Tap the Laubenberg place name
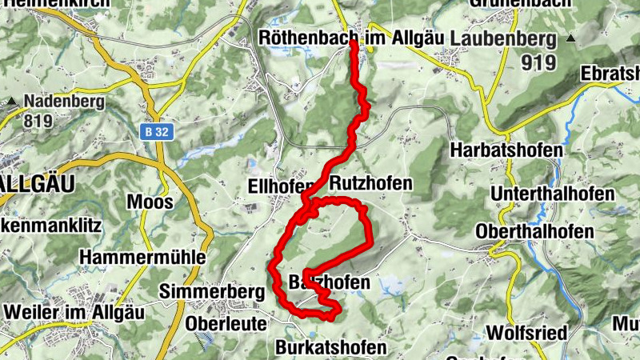click(503, 38)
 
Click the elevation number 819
click(38, 121)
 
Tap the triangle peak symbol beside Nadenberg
click(14, 102)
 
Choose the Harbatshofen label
click(506, 150)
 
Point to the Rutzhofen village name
click(370, 183)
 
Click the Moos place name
click(150, 202)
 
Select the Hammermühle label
click(142, 257)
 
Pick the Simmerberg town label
click(212, 293)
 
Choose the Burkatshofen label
click(330, 347)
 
